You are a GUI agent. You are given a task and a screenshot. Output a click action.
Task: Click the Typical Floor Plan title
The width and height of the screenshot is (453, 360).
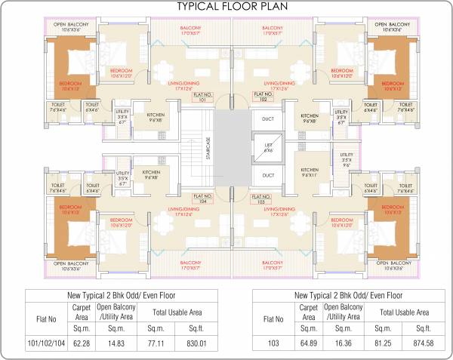[x=231, y=7]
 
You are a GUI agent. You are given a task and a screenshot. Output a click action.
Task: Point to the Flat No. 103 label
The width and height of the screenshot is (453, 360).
[x=261, y=199]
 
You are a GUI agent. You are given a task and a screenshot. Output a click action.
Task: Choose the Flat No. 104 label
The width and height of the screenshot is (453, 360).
[x=201, y=199]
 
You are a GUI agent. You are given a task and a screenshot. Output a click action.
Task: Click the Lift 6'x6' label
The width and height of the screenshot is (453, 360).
[x=268, y=149]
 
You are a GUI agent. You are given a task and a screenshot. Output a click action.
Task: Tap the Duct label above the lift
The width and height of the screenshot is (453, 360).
[x=268, y=119]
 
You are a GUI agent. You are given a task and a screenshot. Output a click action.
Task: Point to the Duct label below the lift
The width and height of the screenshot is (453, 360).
[x=268, y=176]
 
